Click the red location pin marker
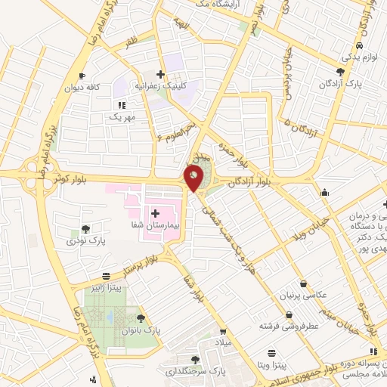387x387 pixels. click(x=194, y=178)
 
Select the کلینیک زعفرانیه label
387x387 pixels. click(x=160, y=85)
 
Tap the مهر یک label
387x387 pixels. click(x=121, y=116)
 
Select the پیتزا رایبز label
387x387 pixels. click(x=113, y=288)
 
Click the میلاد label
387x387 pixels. click(x=224, y=344)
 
